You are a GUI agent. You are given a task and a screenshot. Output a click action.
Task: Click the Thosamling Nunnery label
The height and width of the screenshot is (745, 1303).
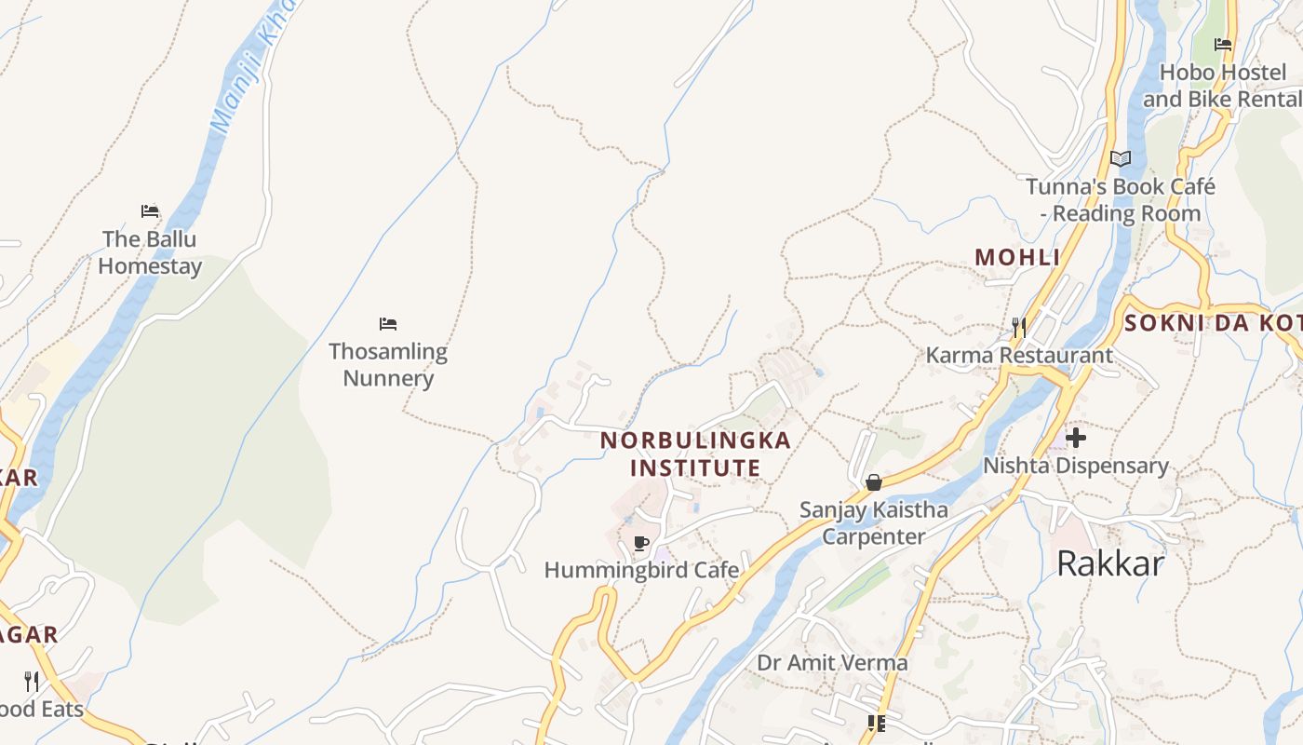(388, 365)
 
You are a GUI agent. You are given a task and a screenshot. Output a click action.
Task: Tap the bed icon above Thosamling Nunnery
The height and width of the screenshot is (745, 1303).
(388, 324)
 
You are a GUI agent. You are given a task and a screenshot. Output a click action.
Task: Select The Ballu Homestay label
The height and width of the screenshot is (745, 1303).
(150, 252)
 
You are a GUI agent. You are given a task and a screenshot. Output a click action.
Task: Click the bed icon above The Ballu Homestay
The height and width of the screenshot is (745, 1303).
(150, 211)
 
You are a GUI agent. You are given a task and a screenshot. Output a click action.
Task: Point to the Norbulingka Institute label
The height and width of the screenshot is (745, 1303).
(695, 454)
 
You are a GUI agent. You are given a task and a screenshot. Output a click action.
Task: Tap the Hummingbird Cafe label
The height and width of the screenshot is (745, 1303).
(641, 570)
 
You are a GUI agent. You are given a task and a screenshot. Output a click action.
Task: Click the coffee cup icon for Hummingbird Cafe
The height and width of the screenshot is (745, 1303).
(640, 543)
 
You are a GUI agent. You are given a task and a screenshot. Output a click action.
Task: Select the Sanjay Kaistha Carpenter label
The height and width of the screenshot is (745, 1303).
(874, 523)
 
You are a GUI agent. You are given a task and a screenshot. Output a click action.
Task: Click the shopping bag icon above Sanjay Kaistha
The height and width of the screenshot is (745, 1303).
(873, 482)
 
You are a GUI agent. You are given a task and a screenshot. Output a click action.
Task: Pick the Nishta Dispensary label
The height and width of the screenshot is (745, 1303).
(1076, 466)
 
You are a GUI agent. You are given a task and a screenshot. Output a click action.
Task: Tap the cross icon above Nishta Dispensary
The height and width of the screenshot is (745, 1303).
(1076, 437)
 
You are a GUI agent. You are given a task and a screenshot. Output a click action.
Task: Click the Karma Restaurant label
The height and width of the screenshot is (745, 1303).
(1019, 355)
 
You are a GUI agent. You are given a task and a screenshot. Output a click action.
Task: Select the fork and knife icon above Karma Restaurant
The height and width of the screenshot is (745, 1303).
(1019, 327)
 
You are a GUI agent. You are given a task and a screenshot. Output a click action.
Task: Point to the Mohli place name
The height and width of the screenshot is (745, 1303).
(1017, 257)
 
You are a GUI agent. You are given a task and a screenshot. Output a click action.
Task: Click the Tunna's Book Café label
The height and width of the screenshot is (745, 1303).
(1121, 199)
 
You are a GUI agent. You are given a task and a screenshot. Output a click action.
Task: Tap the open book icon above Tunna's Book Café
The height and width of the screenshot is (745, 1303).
(1121, 158)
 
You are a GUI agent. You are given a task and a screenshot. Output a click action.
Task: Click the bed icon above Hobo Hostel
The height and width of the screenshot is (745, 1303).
(1223, 44)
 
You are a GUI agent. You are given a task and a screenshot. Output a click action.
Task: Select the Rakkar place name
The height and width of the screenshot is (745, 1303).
(1110, 563)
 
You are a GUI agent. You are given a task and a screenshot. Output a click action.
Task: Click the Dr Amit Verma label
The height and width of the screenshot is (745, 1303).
(832, 663)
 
